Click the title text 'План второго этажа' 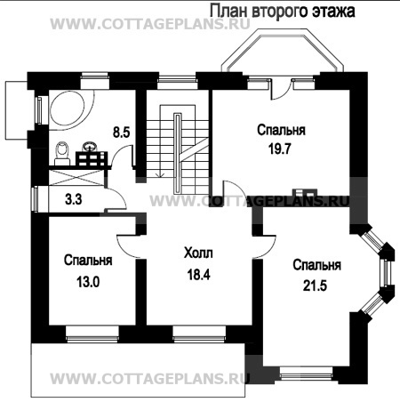[x=281, y=11]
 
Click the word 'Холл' [x=198, y=253]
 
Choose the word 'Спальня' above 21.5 [x=316, y=265]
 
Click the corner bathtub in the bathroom [x=67, y=109]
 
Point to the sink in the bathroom [x=89, y=147]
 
